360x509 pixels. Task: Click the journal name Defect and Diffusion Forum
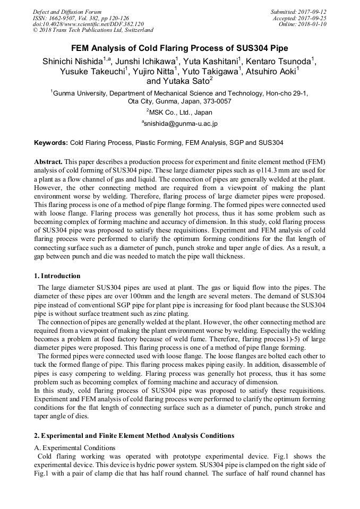(x=67, y=12)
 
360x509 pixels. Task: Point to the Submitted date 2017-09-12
(x=314, y=12)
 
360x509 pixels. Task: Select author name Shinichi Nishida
(x=72, y=62)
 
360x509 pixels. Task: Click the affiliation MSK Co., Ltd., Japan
(x=180, y=112)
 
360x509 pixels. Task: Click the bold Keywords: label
(x=51, y=143)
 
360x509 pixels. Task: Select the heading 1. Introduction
(x=57, y=276)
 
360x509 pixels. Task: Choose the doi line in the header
(x=88, y=24)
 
